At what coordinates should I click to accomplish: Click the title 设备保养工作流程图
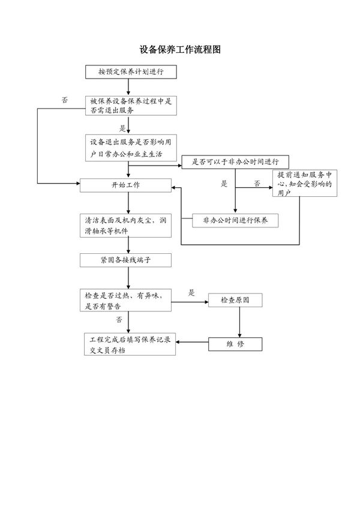point(180,50)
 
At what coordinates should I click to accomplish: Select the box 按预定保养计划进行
point(131,72)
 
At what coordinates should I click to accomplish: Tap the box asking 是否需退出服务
point(131,106)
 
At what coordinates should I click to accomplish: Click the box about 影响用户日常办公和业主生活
point(131,148)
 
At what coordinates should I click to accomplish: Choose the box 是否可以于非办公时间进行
point(235,162)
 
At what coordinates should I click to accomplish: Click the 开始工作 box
point(126,185)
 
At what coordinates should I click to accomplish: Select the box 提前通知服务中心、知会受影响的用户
point(305,184)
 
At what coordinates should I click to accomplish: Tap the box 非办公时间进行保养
point(235,220)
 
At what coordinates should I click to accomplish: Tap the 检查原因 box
point(235,299)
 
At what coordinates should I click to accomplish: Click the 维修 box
point(235,344)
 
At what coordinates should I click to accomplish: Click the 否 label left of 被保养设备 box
point(65,100)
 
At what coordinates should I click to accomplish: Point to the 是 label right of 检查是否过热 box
point(192,292)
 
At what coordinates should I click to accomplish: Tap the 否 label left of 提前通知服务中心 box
point(257,184)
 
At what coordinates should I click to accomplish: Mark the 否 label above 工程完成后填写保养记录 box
point(119,320)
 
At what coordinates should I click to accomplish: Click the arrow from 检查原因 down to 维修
point(240,322)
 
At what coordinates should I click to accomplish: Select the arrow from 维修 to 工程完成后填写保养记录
point(192,343)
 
